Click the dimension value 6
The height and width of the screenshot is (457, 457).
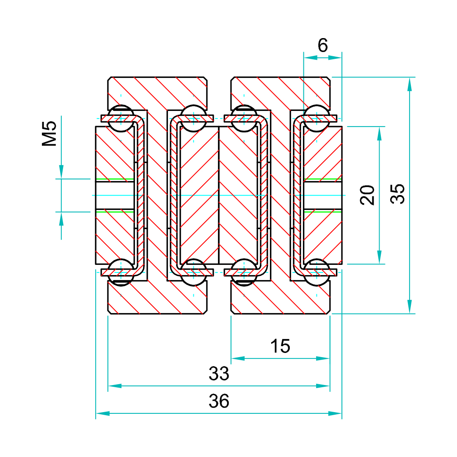(x=323, y=45)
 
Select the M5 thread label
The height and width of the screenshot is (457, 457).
(x=50, y=134)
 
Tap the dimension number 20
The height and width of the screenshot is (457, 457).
(x=368, y=195)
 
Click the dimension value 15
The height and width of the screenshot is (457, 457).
(x=280, y=346)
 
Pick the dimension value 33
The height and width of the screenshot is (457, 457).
(x=219, y=374)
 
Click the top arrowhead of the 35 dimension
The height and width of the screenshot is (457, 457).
(x=409, y=84)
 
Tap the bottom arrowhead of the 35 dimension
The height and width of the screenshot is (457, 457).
(x=409, y=306)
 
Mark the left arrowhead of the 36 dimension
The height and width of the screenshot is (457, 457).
(x=103, y=413)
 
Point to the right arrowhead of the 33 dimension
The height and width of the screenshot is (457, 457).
(x=323, y=386)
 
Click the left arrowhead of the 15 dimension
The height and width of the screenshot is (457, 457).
(x=238, y=358)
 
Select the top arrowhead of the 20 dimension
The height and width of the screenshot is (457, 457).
(x=379, y=133)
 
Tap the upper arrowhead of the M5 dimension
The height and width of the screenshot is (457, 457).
(x=61, y=171)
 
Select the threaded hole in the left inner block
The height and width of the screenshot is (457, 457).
(x=115, y=195)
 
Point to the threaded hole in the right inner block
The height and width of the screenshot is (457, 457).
(x=323, y=195)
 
